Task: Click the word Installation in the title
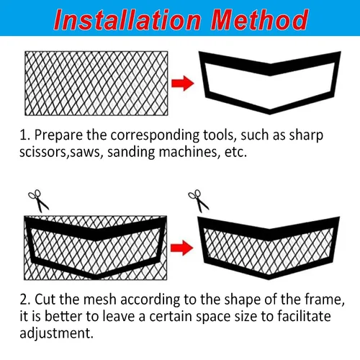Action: click(x=127, y=19)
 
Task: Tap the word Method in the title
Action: click(x=259, y=19)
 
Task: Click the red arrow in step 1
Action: click(x=183, y=84)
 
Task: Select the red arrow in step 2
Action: click(x=182, y=248)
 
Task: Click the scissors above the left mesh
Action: click(x=38, y=201)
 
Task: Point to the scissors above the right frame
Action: click(x=199, y=201)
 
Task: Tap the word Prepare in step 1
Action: click(x=58, y=135)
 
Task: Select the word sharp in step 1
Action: click(x=306, y=136)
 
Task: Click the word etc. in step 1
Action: click(x=235, y=153)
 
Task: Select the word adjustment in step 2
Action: click(x=56, y=333)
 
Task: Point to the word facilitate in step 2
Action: click(x=304, y=316)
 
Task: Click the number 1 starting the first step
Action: click(x=24, y=135)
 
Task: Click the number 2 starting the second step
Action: click(x=25, y=300)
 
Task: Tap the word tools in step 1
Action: click(x=218, y=135)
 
